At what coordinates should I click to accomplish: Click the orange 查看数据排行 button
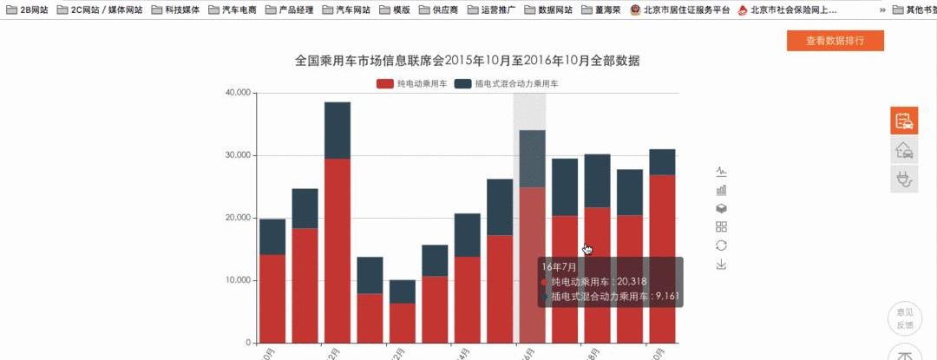[x=835, y=41]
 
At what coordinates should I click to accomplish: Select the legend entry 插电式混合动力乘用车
[x=507, y=84]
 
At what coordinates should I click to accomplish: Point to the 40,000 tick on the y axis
[x=237, y=93]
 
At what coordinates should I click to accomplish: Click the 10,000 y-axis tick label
[x=237, y=280]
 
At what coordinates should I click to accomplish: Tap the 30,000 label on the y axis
[x=237, y=155]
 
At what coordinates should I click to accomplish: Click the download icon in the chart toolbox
[x=721, y=265]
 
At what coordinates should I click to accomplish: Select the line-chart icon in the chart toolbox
[x=721, y=171]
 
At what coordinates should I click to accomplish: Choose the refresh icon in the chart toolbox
[x=721, y=245]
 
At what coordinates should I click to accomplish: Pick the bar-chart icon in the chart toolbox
[x=721, y=190]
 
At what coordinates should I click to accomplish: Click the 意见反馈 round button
[x=904, y=318]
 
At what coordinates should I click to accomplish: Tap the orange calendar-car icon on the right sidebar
[x=904, y=121]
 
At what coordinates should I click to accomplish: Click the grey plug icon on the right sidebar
[x=904, y=179]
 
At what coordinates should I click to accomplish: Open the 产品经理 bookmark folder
[x=289, y=10]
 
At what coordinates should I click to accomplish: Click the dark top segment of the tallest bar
[x=337, y=130]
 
